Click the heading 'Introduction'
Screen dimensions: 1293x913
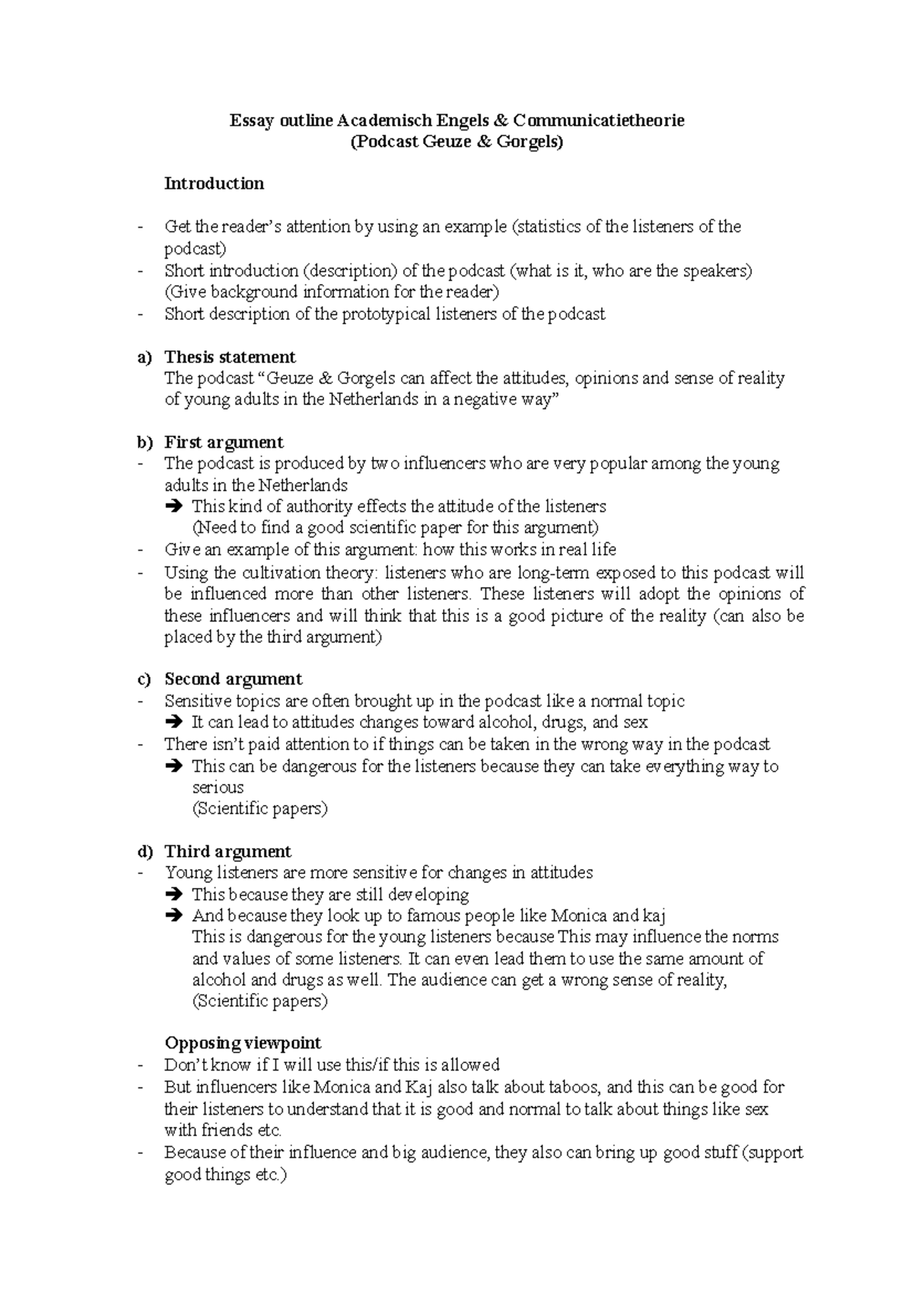[214, 184]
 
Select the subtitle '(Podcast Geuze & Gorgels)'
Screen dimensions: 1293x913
[456, 142]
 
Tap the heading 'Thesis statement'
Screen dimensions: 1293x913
[230, 357]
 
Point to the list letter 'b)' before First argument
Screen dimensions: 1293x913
[145, 442]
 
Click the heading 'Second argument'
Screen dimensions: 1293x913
[233, 679]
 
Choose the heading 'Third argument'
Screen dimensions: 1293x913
[227, 851]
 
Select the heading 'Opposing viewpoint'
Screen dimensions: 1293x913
[242, 1043]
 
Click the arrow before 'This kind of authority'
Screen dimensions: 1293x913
[173, 506]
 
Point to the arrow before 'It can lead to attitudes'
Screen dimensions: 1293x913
[173, 723]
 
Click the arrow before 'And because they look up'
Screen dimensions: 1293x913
[173, 916]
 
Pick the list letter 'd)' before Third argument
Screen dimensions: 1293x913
[145, 851]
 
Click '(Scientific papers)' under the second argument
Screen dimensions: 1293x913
[259, 809]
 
